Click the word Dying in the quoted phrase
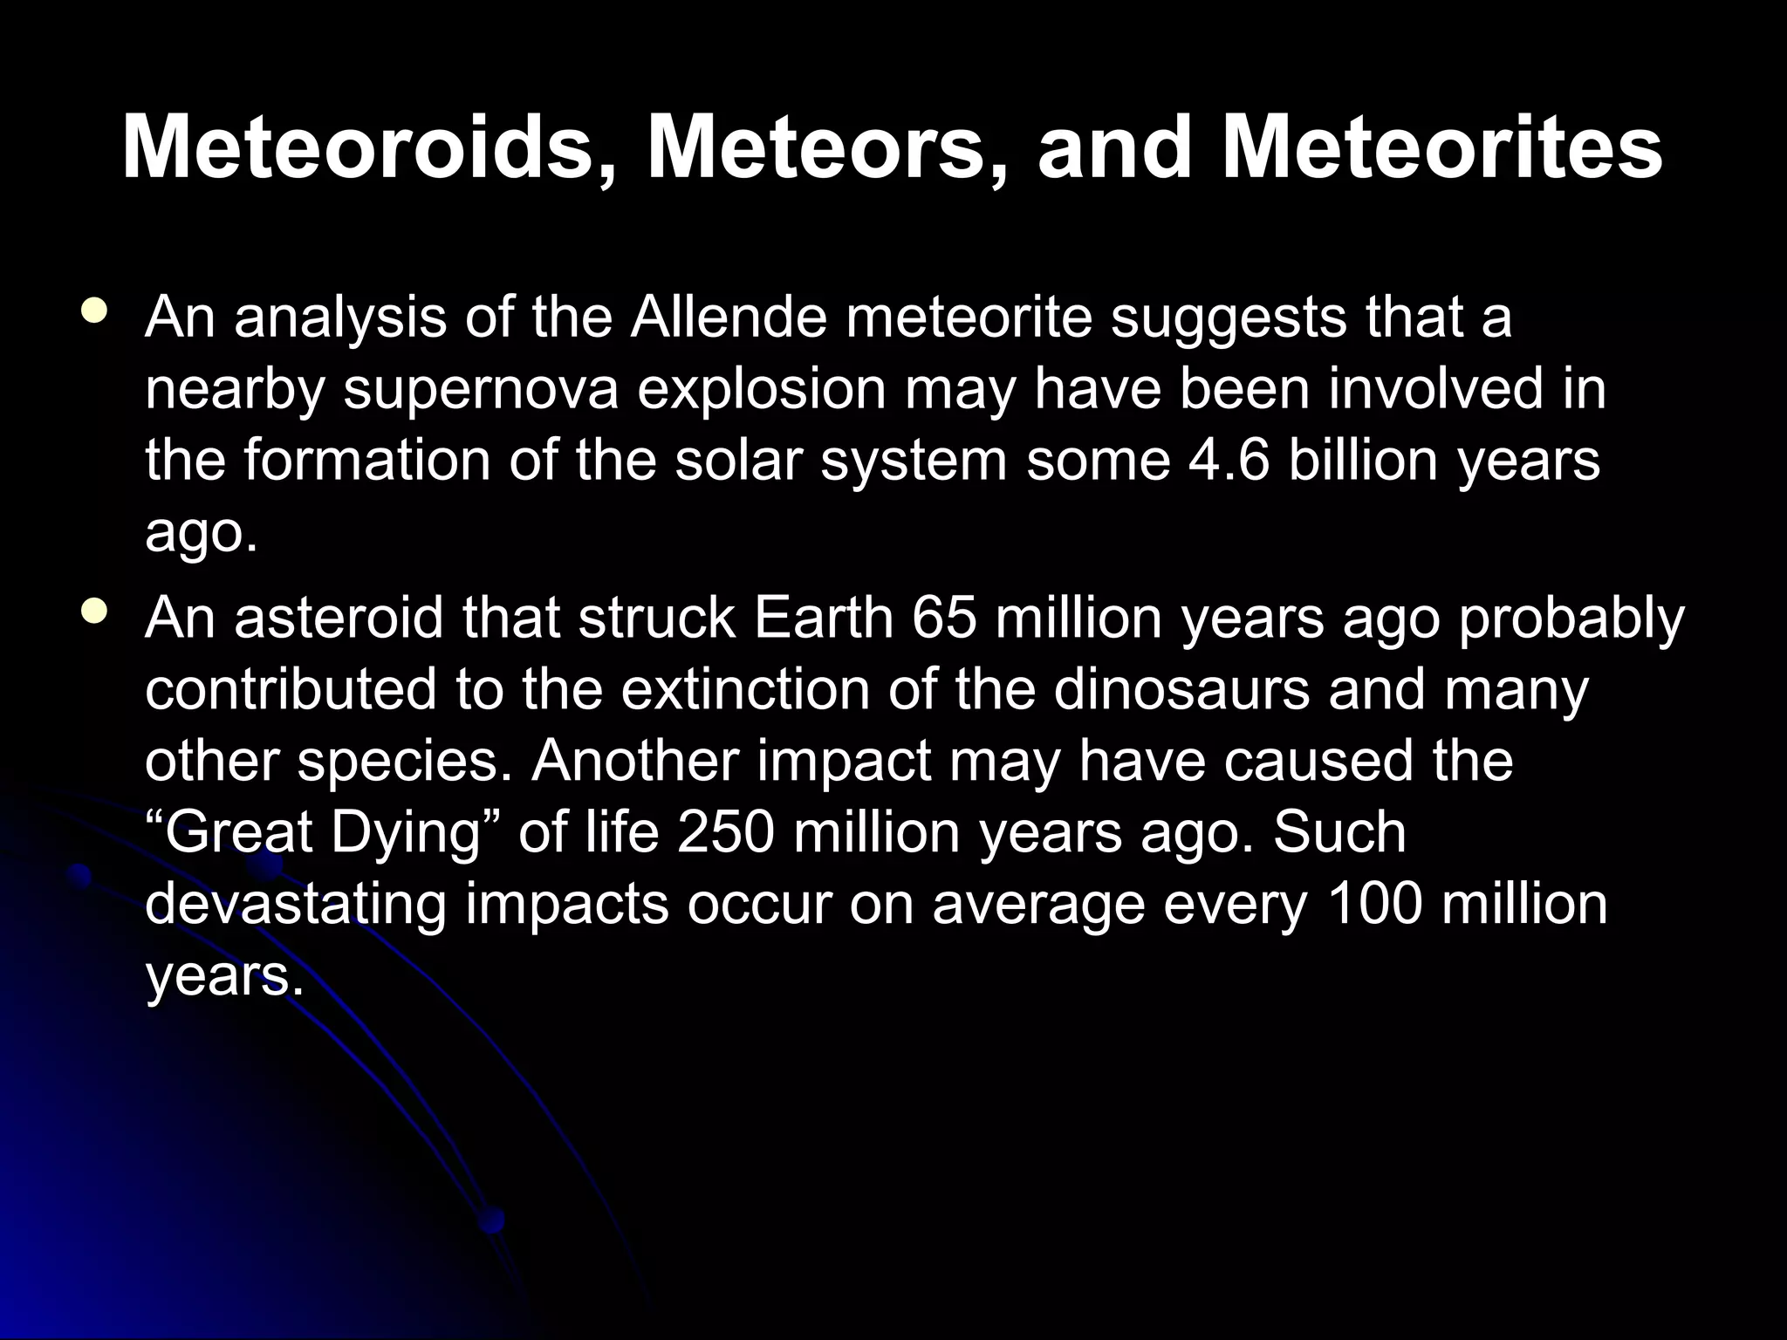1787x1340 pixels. pos(407,833)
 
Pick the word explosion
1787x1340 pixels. pos(762,390)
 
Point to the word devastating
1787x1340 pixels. pos(295,905)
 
